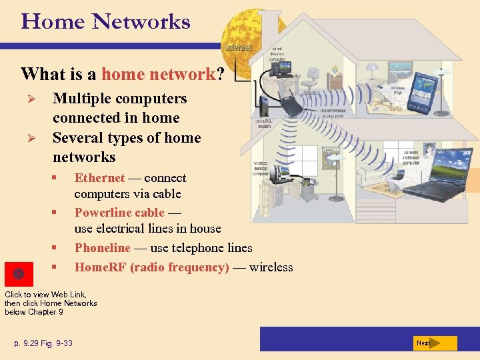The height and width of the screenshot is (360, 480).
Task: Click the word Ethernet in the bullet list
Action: (99, 178)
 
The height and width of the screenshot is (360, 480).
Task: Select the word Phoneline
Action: (103, 248)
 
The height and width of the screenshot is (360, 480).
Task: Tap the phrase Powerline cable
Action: (119, 213)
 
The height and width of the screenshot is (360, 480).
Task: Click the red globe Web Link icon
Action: (19, 274)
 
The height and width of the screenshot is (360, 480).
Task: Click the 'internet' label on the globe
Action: (239, 48)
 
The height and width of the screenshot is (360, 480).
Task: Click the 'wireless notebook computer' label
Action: (411, 157)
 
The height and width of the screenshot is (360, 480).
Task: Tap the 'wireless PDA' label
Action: (399, 91)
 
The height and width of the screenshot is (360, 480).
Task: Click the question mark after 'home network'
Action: (220, 74)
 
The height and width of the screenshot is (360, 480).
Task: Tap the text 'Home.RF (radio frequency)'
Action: (152, 267)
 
